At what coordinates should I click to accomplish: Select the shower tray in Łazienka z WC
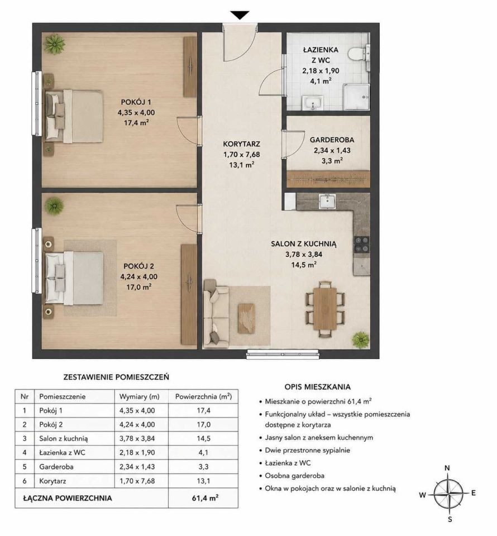[356, 97]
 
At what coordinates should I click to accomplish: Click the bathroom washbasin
[312, 103]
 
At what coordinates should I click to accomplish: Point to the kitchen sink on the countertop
[327, 201]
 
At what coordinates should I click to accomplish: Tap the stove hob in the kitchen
[362, 245]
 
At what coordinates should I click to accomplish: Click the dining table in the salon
[324, 309]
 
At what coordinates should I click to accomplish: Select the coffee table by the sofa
[246, 318]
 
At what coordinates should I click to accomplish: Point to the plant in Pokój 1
[55, 44]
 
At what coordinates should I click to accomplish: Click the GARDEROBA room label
[332, 140]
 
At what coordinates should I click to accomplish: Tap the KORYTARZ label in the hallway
[241, 144]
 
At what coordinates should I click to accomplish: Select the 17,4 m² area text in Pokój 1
[136, 122]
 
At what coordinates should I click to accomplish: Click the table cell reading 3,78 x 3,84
[137, 438]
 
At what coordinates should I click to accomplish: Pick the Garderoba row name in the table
[56, 467]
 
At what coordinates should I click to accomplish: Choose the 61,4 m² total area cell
[205, 497]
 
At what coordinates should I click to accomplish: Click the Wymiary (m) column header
[140, 396]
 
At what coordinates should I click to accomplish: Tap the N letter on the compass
[447, 468]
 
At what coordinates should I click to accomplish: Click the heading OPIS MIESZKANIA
[318, 387]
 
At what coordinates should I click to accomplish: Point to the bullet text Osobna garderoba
[295, 476]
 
